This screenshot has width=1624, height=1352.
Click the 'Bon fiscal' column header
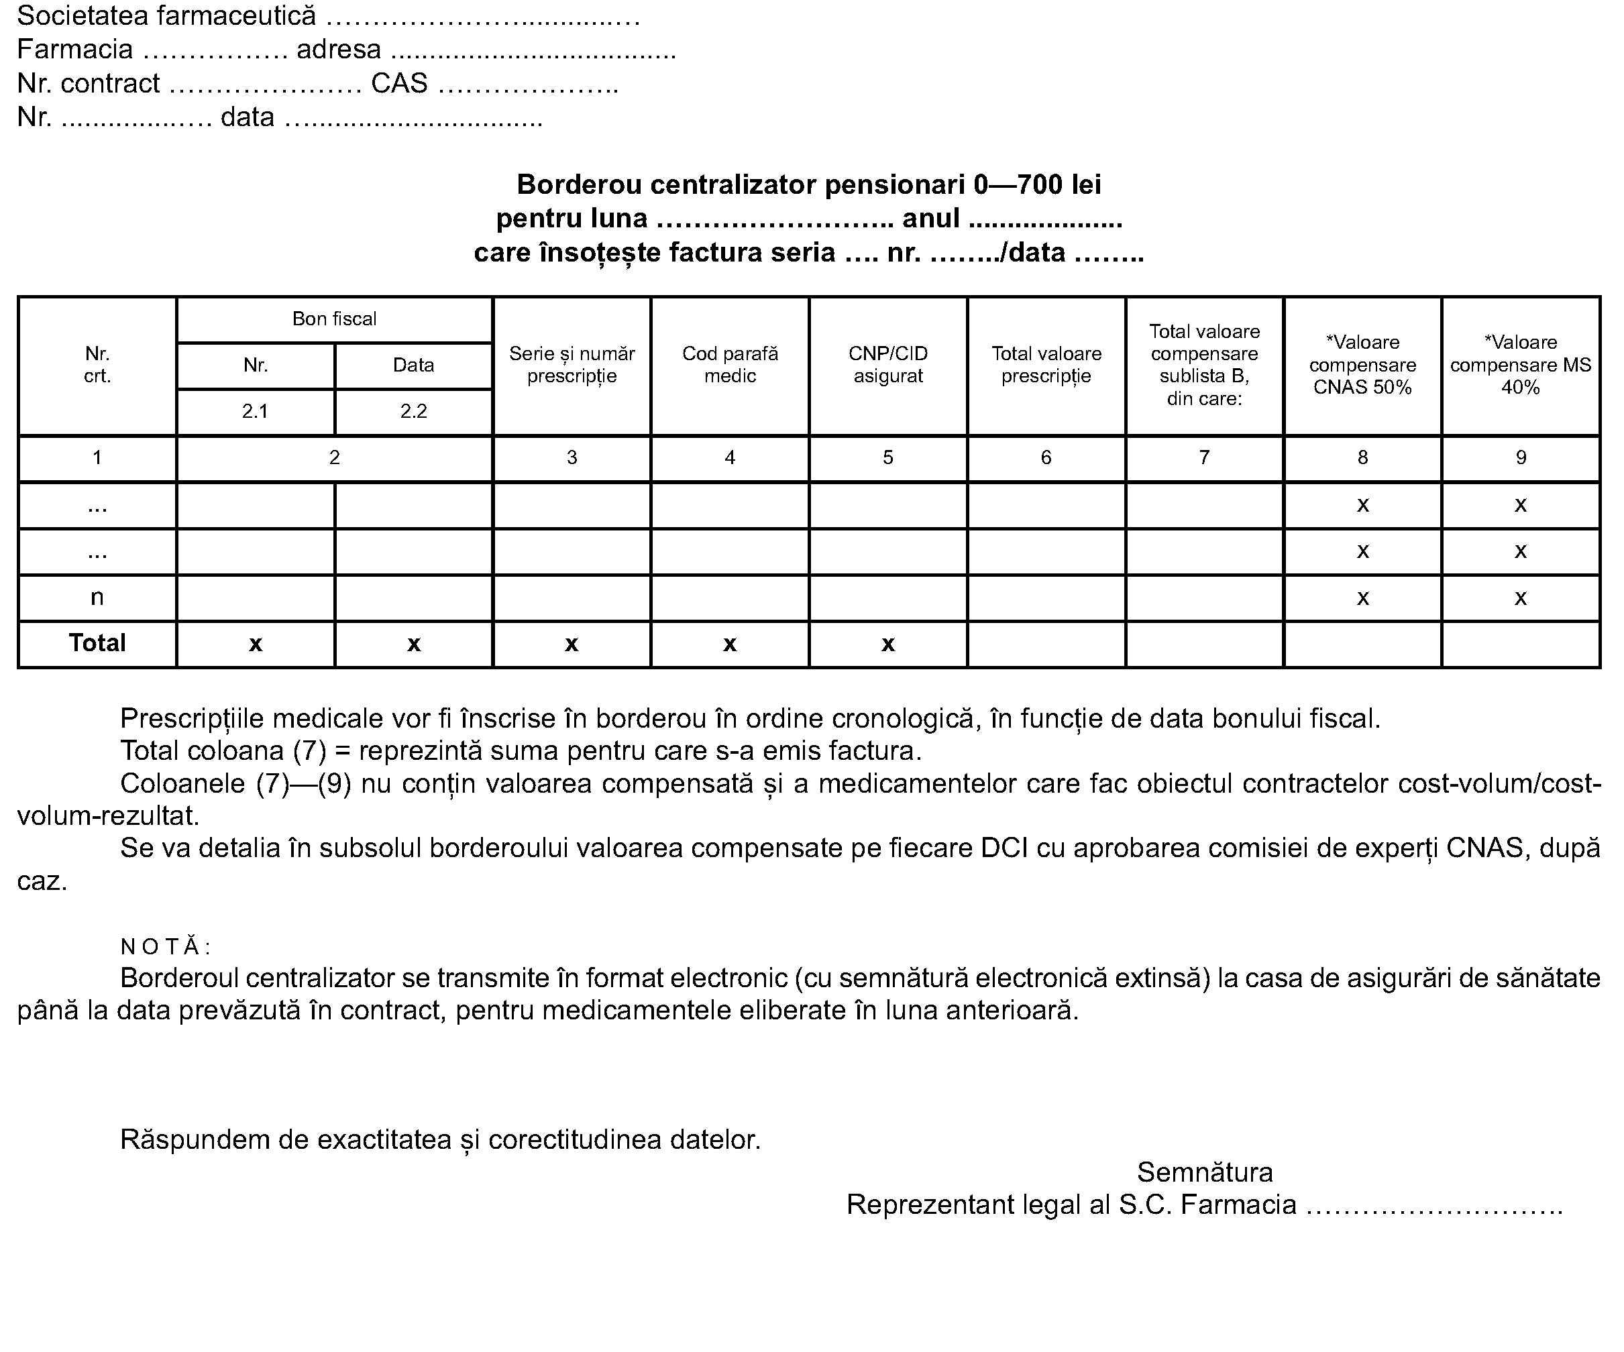(x=334, y=319)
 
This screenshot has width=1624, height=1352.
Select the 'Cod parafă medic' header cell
(x=729, y=364)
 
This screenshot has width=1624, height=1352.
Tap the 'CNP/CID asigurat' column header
(x=887, y=364)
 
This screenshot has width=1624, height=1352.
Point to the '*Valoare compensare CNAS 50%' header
(x=1362, y=364)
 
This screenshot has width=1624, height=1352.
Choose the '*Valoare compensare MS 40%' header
(x=1521, y=364)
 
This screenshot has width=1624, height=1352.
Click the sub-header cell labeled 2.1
(x=255, y=411)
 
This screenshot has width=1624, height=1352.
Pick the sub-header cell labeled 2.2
(x=414, y=411)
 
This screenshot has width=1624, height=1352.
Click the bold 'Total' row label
(x=97, y=643)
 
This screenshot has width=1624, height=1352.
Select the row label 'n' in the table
(x=97, y=597)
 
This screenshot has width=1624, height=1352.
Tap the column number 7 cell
(x=1204, y=457)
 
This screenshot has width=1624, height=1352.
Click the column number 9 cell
(x=1521, y=457)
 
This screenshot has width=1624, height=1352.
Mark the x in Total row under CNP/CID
(x=887, y=644)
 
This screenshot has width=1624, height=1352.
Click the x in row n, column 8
(x=1362, y=598)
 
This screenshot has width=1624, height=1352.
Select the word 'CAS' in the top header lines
(x=399, y=83)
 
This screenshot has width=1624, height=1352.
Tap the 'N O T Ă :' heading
(x=166, y=946)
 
